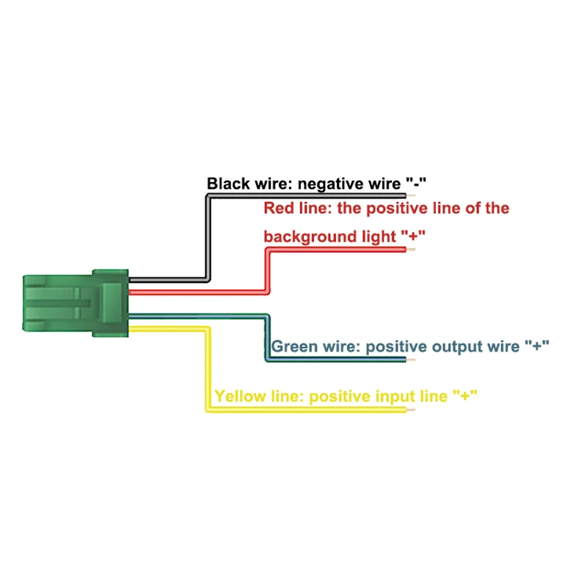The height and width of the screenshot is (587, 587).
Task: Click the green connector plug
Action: (x=73, y=304)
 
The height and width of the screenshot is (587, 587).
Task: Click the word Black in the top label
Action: (x=227, y=183)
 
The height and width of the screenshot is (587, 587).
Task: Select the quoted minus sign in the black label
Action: (x=415, y=183)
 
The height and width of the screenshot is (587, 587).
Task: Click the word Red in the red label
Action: (x=279, y=208)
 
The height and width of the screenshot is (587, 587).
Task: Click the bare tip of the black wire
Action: (x=412, y=197)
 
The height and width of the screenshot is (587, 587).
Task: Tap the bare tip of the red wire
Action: (x=412, y=250)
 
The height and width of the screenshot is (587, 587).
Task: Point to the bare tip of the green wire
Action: (x=412, y=360)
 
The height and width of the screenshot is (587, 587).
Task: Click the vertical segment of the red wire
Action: (x=267, y=271)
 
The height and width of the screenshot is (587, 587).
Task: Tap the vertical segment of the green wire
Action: (x=267, y=338)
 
